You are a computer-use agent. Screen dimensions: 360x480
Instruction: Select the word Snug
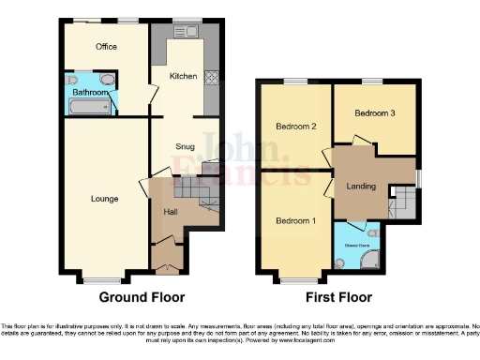(185, 146)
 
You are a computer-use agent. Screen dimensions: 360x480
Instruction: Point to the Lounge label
(104, 198)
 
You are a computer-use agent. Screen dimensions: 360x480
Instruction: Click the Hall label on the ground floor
(171, 212)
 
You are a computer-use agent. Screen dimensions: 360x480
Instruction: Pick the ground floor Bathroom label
(88, 92)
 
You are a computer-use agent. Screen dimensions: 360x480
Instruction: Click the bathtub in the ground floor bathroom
(87, 108)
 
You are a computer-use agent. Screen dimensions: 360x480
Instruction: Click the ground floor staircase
(199, 194)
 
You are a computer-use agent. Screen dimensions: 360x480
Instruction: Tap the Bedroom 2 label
(293, 126)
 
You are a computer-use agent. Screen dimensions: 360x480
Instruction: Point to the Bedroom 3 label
(373, 112)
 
